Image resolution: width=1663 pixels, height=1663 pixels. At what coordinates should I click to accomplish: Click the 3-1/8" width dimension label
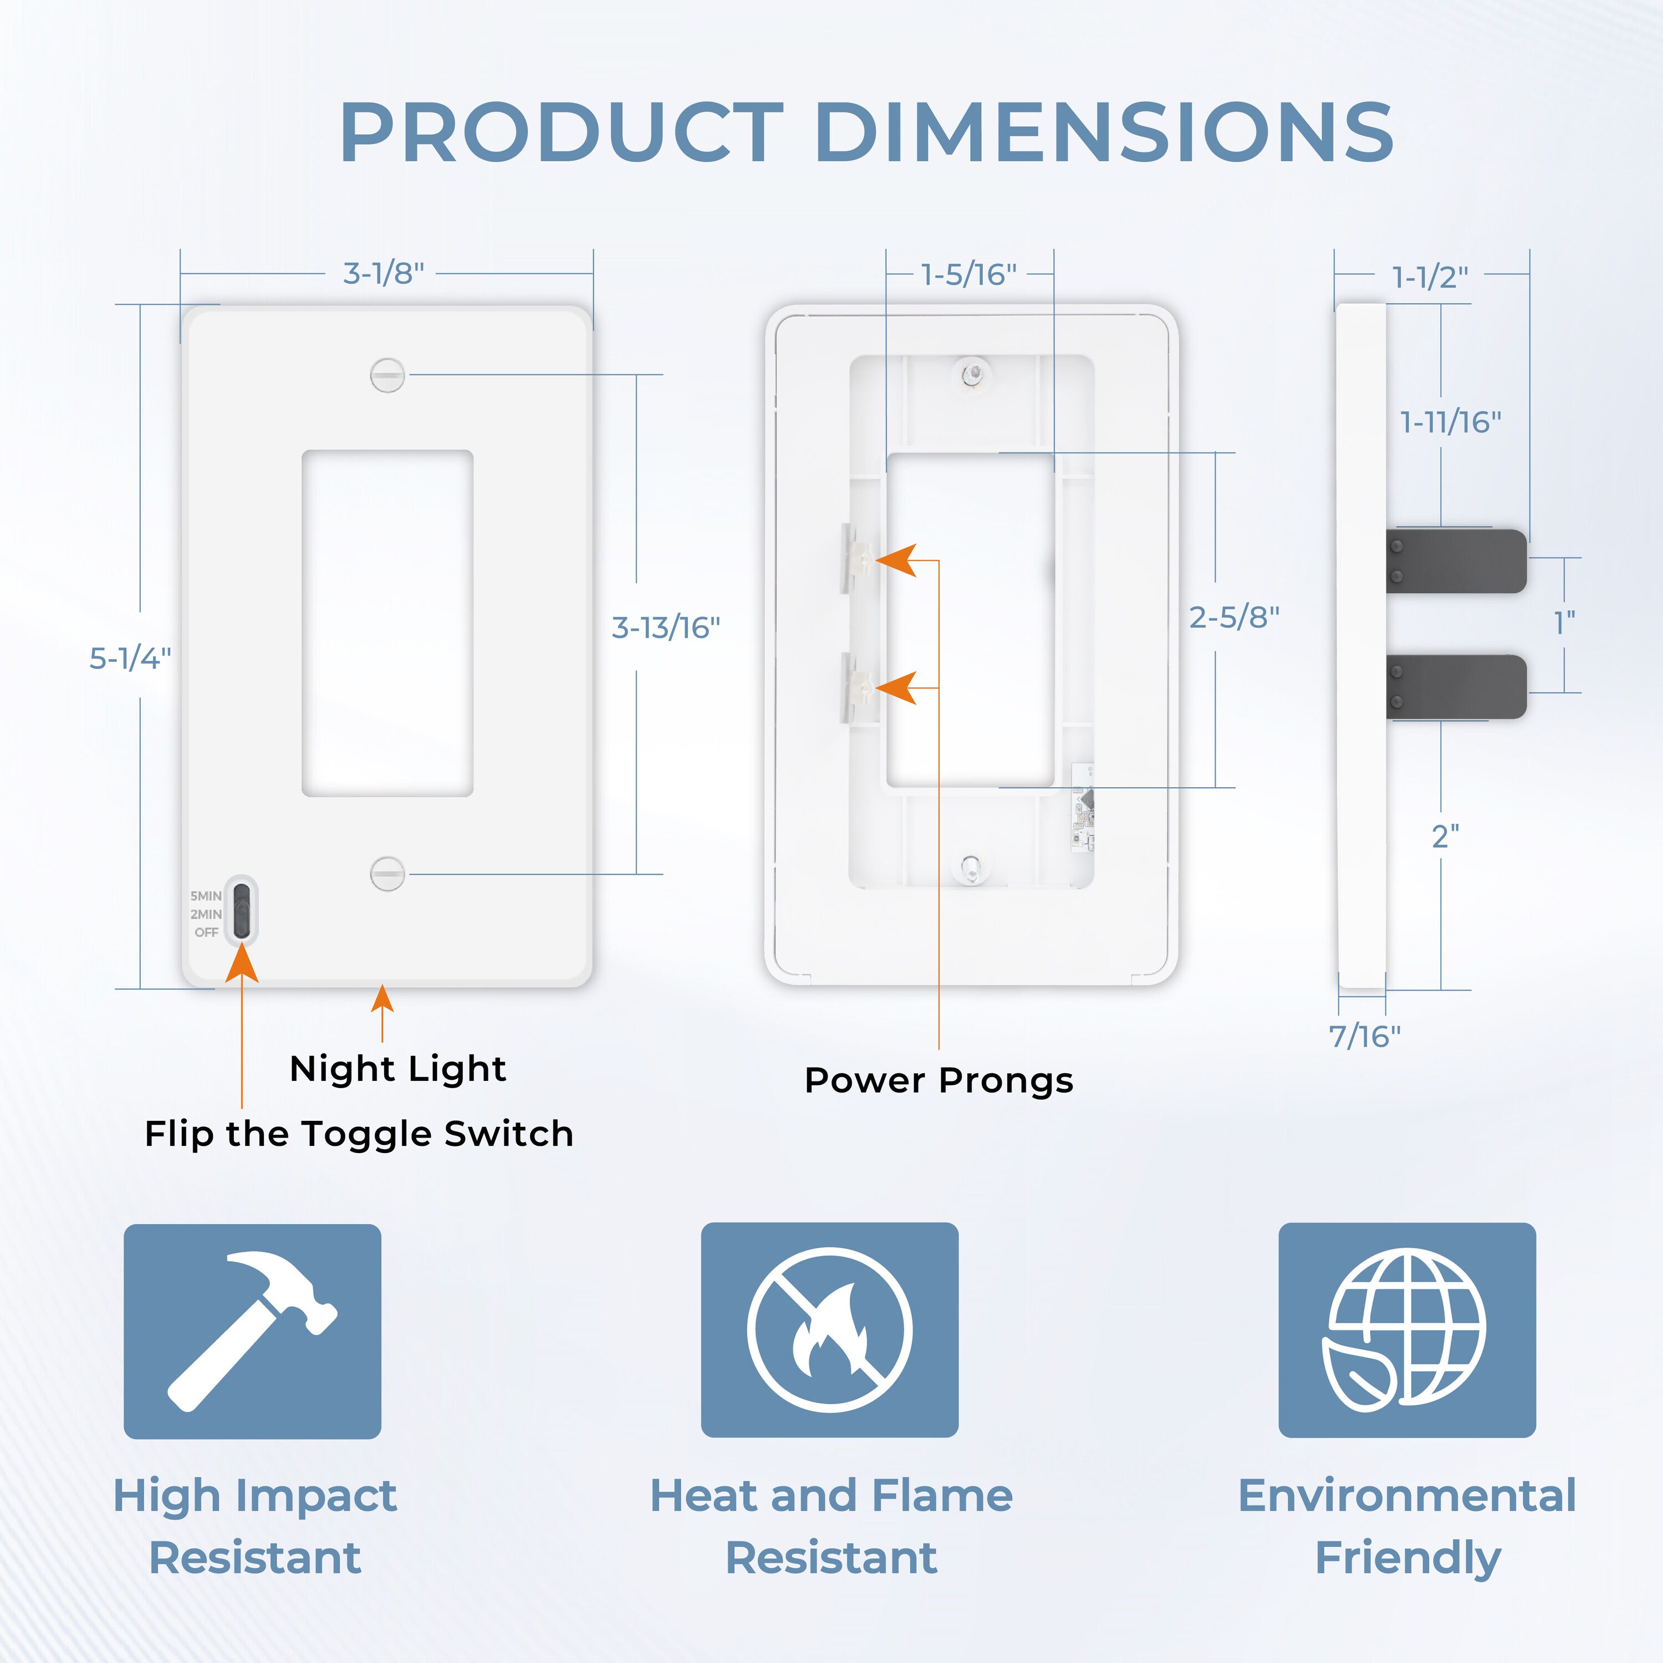point(384,274)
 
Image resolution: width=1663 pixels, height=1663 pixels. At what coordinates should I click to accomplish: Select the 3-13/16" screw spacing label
point(665,628)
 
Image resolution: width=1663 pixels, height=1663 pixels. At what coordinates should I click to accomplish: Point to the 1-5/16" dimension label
point(968,274)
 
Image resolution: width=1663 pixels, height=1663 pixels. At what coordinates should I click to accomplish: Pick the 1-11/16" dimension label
point(1450,422)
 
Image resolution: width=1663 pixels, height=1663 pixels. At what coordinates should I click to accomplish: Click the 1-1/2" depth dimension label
point(1430,277)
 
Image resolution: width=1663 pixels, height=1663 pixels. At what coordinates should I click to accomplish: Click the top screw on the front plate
point(387,375)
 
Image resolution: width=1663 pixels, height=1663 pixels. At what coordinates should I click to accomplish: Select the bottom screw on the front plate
point(387,874)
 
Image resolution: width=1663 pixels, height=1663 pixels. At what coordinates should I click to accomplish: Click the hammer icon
point(252,1331)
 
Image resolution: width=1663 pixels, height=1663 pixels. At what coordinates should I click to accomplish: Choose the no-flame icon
point(830,1330)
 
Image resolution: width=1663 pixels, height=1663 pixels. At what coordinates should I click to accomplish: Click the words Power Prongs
point(938,1081)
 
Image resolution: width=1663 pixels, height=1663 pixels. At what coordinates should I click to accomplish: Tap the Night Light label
point(397,1070)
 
